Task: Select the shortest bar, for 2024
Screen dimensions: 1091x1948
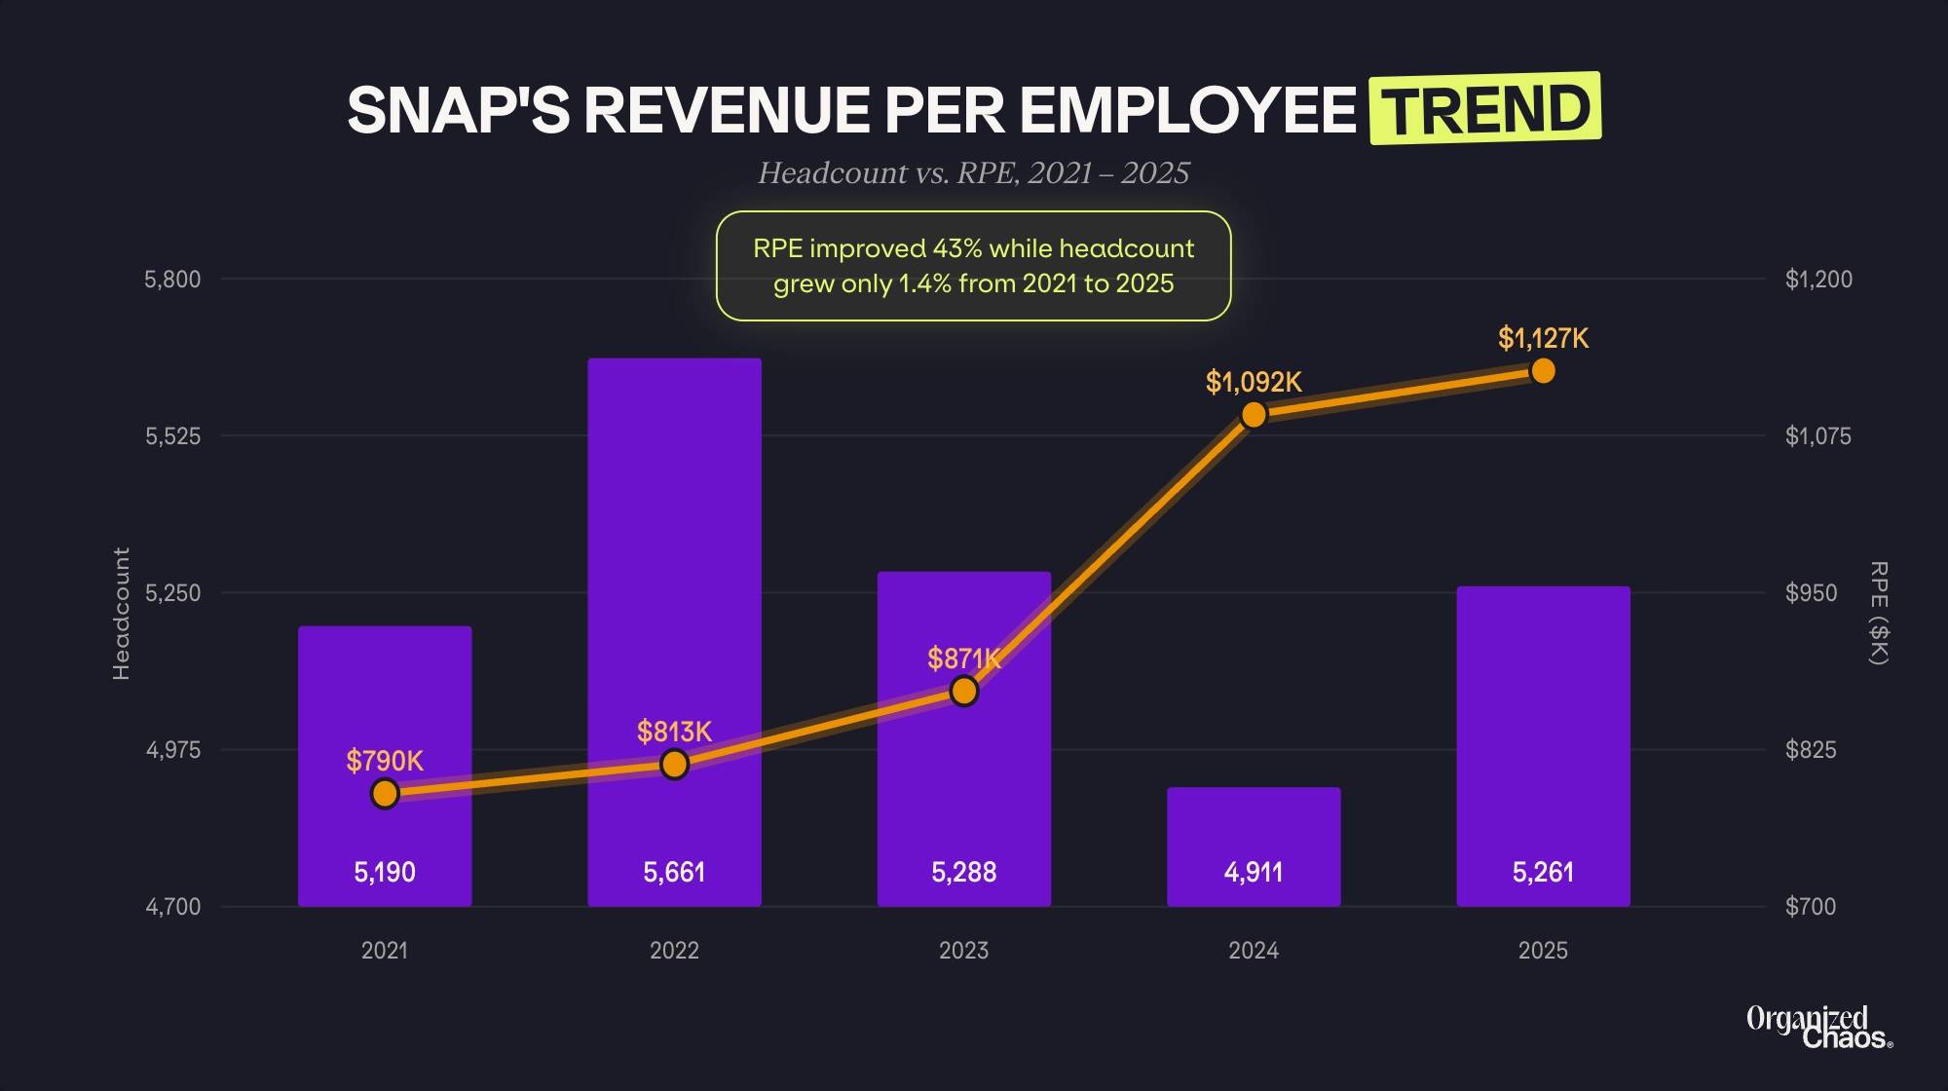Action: point(1254,828)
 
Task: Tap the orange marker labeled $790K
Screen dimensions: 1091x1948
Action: point(385,794)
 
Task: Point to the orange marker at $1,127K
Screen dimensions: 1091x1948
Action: point(1543,371)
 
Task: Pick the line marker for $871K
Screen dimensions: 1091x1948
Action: point(964,691)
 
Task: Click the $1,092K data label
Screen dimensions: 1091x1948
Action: point(1254,382)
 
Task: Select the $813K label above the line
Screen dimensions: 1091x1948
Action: point(674,732)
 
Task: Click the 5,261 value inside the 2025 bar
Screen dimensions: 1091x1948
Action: point(1543,872)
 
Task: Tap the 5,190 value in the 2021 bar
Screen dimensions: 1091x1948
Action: point(385,872)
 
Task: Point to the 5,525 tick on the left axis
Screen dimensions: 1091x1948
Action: point(173,436)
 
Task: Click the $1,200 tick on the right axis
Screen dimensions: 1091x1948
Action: point(1818,280)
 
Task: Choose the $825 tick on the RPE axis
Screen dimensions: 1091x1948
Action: point(1811,750)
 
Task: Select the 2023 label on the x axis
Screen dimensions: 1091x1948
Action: point(963,951)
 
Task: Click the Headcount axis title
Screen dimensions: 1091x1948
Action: point(121,614)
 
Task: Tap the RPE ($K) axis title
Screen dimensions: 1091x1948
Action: point(1879,614)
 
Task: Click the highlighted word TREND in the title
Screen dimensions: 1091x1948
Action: point(1485,109)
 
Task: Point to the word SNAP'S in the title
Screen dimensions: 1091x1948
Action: point(458,110)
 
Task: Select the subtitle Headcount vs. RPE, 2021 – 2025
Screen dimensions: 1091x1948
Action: point(974,173)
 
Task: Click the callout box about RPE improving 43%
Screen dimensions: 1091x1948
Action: point(974,266)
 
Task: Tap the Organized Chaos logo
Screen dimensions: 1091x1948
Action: point(1817,1028)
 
